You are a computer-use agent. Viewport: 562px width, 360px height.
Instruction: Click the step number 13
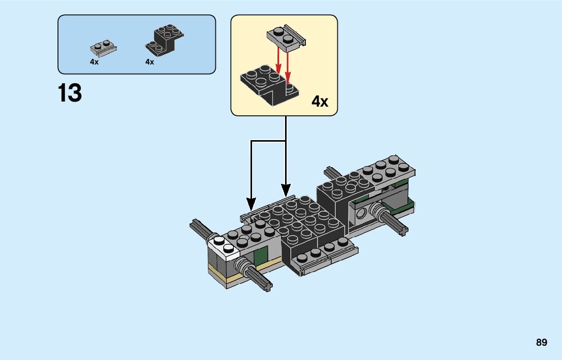tap(70, 93)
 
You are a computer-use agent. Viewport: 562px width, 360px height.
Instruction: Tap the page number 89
tap(541, 343)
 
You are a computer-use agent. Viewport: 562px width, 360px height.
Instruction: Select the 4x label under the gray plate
tap(94, 61)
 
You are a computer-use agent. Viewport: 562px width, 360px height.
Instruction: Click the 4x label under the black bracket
tap(149, 61)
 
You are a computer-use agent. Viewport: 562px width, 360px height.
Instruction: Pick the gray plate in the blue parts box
tap(104, 47)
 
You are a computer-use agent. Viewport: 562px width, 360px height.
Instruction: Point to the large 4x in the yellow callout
tap(320, 102)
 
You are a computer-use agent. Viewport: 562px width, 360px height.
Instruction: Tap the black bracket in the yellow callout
tap(267, 86)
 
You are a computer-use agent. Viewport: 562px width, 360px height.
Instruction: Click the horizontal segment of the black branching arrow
tap(268, 140)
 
